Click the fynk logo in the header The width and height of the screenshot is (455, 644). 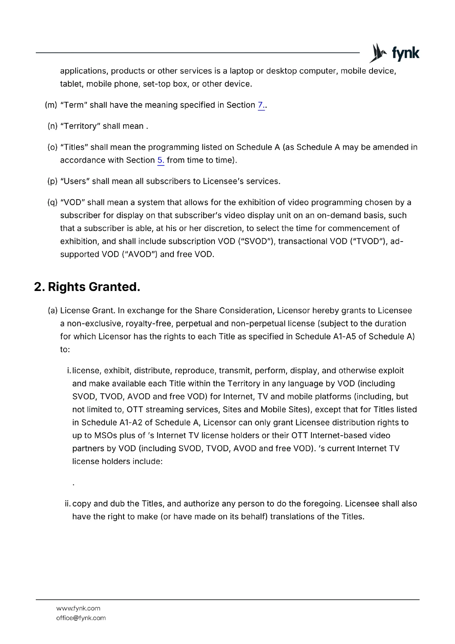(394, 53)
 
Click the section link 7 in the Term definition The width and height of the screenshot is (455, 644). (261, 105)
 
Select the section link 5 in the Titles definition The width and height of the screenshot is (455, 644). (161, 160)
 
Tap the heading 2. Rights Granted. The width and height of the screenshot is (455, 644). (87, 287)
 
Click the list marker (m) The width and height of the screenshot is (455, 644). (51, 105)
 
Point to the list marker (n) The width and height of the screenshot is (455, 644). (52, 126)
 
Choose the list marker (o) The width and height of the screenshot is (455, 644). (52, 147)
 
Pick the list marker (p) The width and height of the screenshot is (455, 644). (52, 181)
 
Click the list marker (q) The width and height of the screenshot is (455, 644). (52, 202)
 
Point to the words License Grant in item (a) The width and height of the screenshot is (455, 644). (87, 311)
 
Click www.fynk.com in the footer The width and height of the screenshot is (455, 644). (78, 608)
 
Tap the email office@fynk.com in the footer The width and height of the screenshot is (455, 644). (81, 618)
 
